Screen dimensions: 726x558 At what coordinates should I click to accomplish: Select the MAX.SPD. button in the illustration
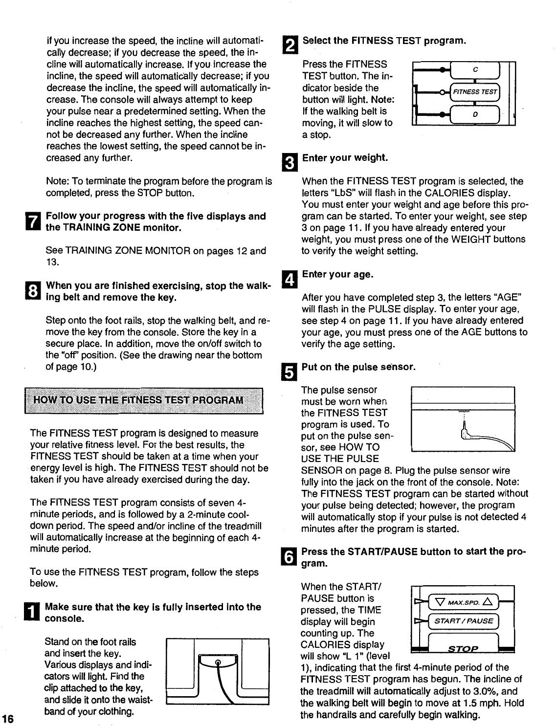click(x=462, y=600)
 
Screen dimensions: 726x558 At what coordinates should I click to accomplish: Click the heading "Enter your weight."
click(x=345, y=158)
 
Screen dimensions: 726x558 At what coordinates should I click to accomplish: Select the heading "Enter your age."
click(x=337, y=274)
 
